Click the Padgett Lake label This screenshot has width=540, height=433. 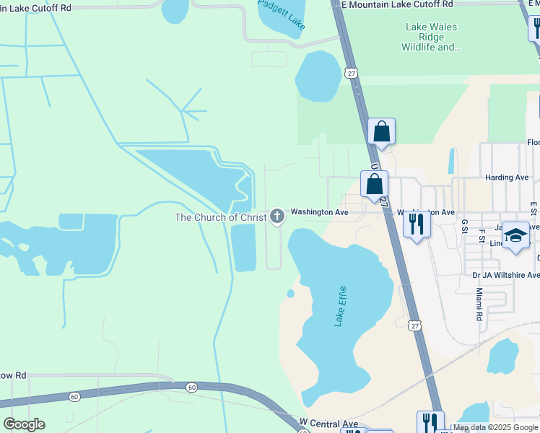click(282, 14)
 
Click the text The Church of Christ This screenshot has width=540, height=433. click(220, 216)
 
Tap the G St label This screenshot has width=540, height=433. click(464, 227)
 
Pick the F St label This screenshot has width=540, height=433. click(482, 237)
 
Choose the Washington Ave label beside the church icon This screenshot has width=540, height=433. click(319, 213)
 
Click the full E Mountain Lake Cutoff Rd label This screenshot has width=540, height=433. click(397, 4)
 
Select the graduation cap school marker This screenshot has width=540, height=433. click(515, 235)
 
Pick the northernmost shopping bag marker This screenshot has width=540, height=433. click(381, 132)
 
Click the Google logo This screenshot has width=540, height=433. click(24, 424)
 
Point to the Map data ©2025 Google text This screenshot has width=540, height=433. click(495, 428)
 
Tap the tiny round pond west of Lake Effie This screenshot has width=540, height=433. click(290, 294)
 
